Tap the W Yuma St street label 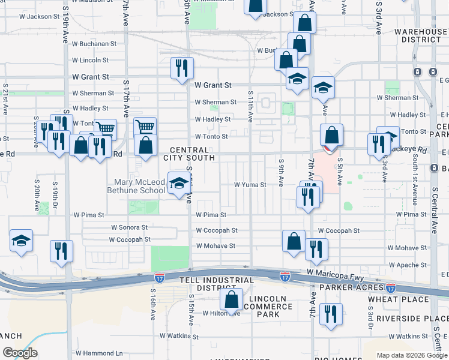coord(250,185)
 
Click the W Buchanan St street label coord(94,44)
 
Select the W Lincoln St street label coord(90,61)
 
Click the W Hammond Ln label coord(99,353)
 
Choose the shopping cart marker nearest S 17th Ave coord(145,127)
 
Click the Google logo coord(20,352)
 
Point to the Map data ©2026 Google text coord(411,355)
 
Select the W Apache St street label coord(407,265)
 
